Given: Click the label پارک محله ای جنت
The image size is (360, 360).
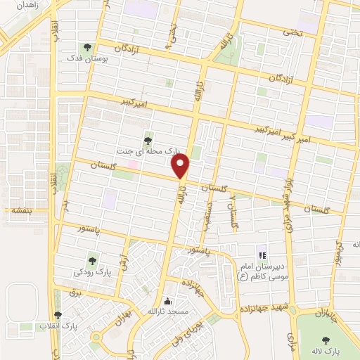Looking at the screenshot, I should pyautogui.click(x=148, y=150).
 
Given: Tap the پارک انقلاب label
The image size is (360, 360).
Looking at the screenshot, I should pyautogui.click(x=59, y=327).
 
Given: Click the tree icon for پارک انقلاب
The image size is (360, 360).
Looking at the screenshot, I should pyautogui.click(x=58, y=316).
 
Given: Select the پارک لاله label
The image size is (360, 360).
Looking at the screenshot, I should pyautogui.click(x=327, y=349).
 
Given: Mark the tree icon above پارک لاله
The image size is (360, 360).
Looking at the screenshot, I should pyautogui.click(x=327, y=338).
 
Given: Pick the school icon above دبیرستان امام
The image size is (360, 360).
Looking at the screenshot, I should pyautogui.click(x=261, y=255).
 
